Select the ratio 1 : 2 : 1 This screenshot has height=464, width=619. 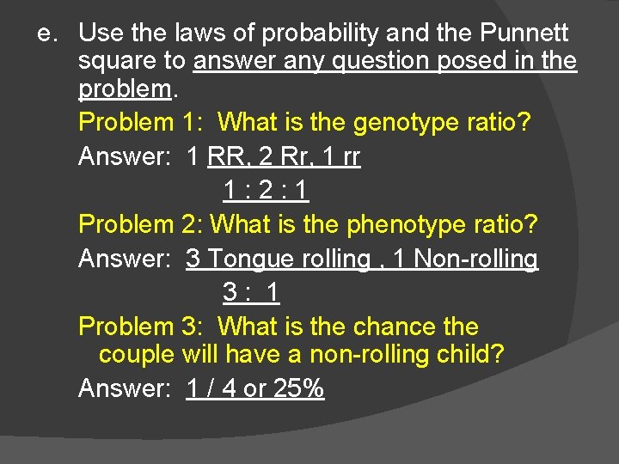266,189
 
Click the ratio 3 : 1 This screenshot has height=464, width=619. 251,292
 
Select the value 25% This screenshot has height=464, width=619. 298,388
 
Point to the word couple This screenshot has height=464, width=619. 137,354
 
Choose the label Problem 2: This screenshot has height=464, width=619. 140,224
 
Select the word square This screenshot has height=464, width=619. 118,62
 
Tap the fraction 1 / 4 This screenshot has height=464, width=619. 211,388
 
